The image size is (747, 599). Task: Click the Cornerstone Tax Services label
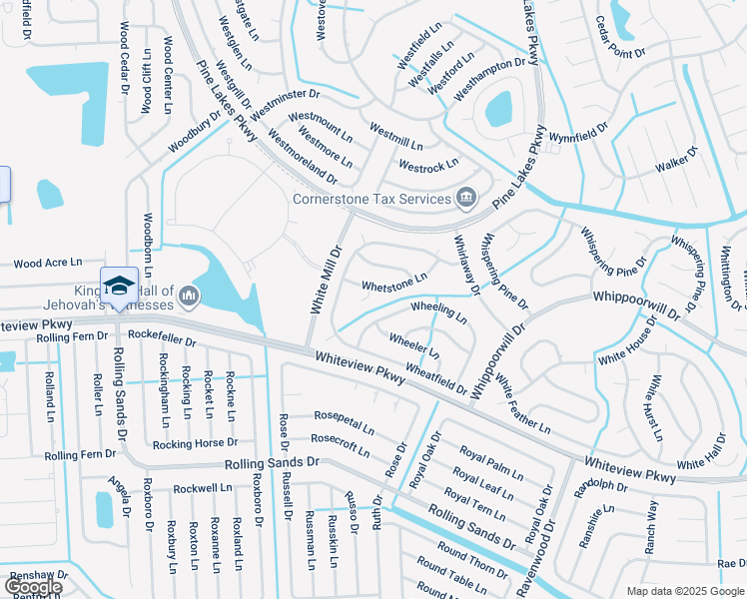[x=371, y=199]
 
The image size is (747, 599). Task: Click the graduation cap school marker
[x=118, y=285]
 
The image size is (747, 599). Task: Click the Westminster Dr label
[x=285, y=106]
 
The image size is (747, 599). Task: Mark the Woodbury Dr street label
[x=194, y=133]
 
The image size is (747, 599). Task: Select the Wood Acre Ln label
[x=48, y=263]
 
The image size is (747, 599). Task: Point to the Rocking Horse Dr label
[x=196, y=442]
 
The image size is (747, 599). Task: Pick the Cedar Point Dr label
[x=620, y=38]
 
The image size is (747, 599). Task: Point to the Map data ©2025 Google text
[x=685, y=591]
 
